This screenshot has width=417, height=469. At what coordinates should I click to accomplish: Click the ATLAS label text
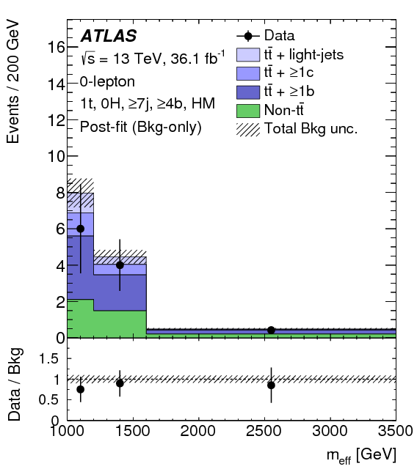(109, 36)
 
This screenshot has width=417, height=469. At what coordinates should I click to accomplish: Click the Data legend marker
(247, 34)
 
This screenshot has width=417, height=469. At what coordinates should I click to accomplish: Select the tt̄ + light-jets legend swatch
(247, 53)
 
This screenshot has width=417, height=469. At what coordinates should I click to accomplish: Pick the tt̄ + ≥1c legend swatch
(247, 73)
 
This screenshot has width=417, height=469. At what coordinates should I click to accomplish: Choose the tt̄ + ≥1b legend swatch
(247, 92)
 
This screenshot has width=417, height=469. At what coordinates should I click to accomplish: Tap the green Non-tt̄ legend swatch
(247, 111)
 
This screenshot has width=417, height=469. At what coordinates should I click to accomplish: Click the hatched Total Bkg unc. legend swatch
(247, 130)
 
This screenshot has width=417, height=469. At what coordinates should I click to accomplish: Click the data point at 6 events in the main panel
(80, 229)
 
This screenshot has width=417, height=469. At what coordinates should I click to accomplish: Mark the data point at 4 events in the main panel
(120, 265)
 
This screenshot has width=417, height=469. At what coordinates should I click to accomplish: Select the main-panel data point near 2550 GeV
(271, 330)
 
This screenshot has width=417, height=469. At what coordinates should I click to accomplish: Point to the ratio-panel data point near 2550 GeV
(271, 385)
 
